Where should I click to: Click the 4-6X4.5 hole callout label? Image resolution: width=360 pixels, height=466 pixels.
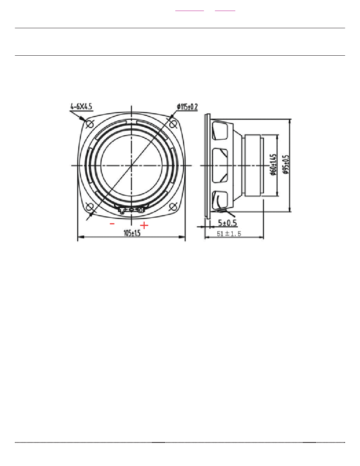tap(81, 106)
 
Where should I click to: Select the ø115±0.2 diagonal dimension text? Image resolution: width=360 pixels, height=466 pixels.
tap(187, 107)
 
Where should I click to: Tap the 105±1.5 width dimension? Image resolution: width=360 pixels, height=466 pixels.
tap(132, 233)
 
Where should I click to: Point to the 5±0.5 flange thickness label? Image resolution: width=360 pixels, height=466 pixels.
tap(227, 222)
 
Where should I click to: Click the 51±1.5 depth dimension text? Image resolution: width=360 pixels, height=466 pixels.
tap(229, 234)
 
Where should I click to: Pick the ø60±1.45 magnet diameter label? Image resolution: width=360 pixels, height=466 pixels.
tap(274, 164)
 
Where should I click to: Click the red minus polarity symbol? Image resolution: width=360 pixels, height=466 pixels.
tap(112, 224)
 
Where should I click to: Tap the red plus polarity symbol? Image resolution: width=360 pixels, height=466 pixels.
tap(144, 225)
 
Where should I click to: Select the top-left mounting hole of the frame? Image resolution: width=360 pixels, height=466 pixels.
tap(90, 123)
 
